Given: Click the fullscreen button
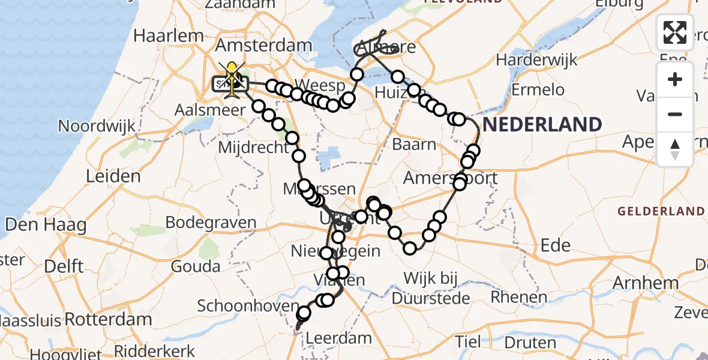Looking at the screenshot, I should (x=675, y=32).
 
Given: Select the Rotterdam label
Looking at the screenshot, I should (x=108, y=319).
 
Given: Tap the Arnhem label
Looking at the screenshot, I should (x=646, y=283).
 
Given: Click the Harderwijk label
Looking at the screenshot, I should (x=536, y=60).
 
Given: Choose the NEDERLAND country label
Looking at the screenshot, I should (x=542, y=125).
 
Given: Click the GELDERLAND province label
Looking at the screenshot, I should (x=661, y=211).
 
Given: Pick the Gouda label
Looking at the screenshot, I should (x=196, y=265).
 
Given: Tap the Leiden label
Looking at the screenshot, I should (x=113, y=177).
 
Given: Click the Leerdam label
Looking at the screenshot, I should (x=338, y=338).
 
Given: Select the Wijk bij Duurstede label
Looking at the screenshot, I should (x=431, y=287).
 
